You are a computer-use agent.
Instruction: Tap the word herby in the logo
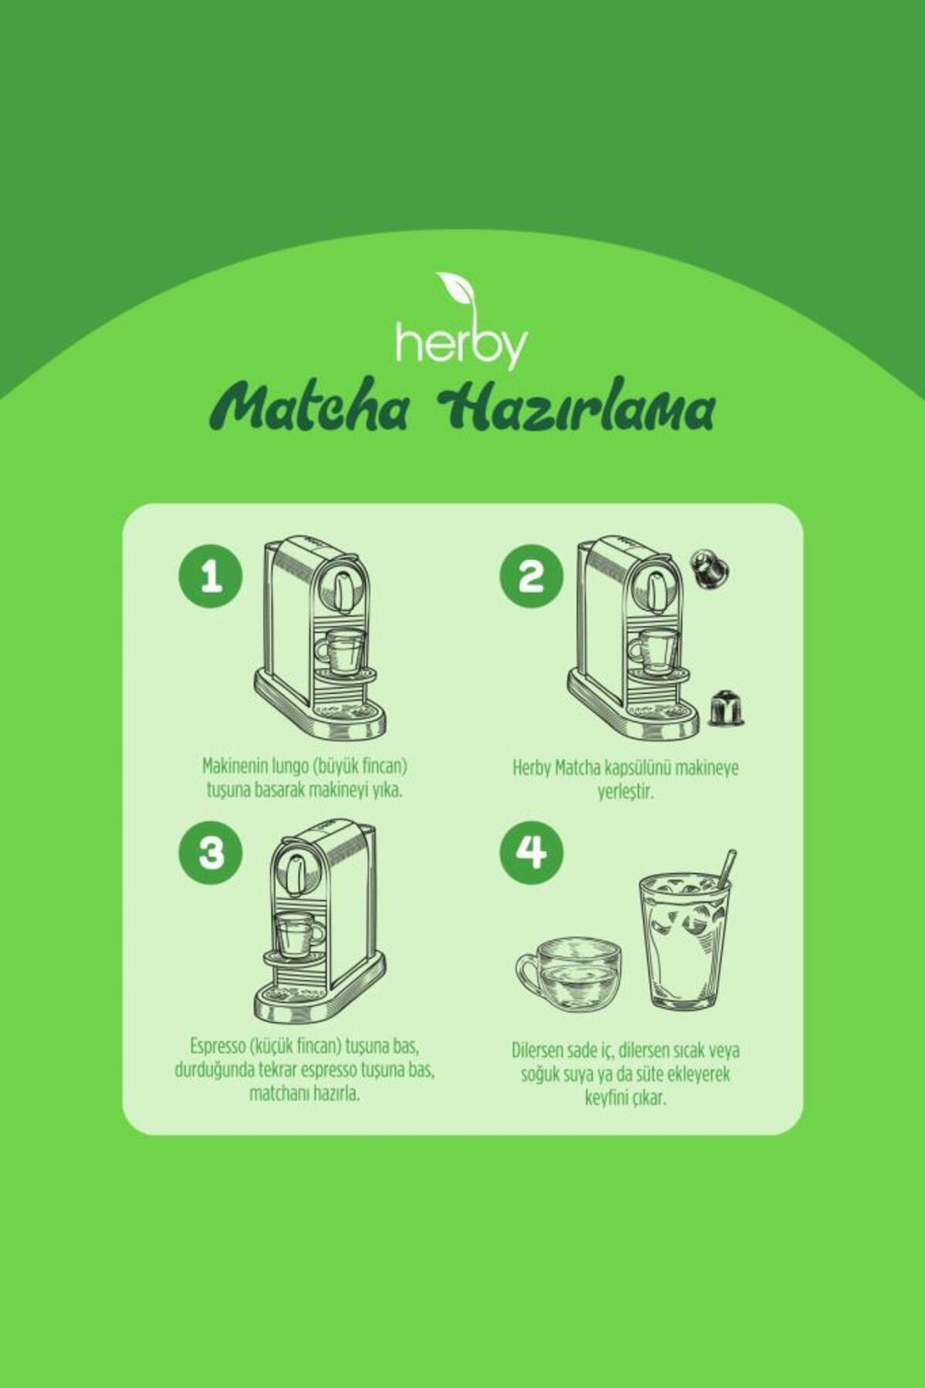coord(461,345)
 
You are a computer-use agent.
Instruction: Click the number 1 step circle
coord(210,578)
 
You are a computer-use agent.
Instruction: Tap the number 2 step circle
coord(531,578)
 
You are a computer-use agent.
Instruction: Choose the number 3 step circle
coord(210,854)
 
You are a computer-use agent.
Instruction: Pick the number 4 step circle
coord(531,854)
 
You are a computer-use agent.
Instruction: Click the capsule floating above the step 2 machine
coord(708,569)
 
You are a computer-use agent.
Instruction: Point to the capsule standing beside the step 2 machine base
coord(725,708)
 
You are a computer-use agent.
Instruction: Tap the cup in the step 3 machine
coord(299,935)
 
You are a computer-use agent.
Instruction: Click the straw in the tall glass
coord(726,868)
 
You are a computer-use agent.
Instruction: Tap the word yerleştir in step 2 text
coord(626,792)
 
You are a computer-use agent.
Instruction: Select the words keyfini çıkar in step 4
coord(624,1098)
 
